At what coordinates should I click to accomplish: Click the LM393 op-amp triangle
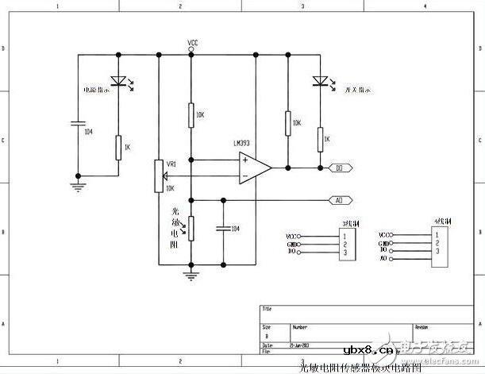pos(253,167)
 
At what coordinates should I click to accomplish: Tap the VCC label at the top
pos(192,42)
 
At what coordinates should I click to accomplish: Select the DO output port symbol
pos(340,168)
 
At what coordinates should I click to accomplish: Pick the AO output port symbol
pos(340,200)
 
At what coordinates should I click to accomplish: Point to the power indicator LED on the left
pos(118,79)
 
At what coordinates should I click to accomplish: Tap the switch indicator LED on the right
pos(320,79)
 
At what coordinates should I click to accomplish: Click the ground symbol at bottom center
pos(191,275)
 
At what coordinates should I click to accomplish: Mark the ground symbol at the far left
pos(78,187)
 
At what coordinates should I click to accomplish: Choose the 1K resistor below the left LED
pos(118,147)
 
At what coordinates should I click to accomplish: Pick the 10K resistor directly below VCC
pos(191,115)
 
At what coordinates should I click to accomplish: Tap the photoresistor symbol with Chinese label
pos(191,226)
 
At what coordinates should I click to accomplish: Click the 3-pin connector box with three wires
pos(345,245)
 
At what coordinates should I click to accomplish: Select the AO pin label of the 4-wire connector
pos(383,259)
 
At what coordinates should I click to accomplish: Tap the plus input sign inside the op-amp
pos(245,160)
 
